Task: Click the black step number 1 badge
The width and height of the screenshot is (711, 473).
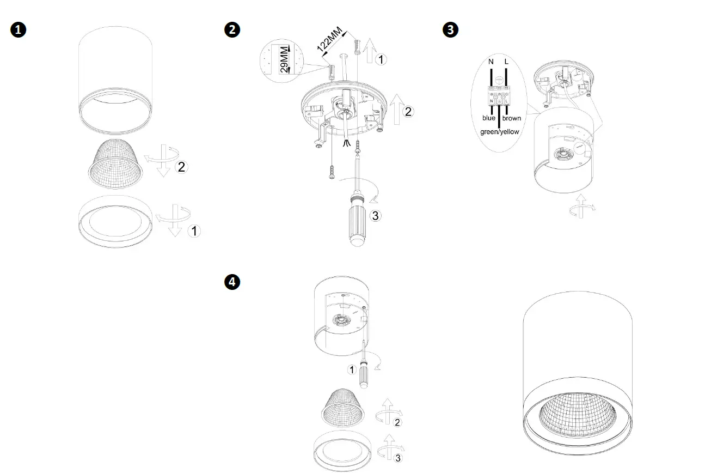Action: point(18,30)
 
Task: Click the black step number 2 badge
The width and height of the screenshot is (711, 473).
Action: point(232,30)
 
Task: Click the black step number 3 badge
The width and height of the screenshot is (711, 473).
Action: point(451,30)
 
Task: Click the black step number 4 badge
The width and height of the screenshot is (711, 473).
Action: point(232,282)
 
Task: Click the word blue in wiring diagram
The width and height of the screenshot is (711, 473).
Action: point(489,118)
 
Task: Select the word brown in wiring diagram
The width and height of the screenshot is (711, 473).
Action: point(511,118)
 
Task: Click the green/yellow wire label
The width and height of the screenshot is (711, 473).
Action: point(499,132)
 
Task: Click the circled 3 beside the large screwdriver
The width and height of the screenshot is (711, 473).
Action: point(375,215)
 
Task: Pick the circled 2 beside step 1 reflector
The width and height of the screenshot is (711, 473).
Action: point(181,167)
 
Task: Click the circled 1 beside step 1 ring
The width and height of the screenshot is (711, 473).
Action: point(194,231)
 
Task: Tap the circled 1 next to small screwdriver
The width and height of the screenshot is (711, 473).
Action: point(352,370)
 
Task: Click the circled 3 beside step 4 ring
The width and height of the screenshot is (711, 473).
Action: point(398,458)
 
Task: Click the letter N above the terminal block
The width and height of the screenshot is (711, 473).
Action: point(491,62)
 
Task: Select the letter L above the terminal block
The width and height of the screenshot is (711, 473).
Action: point(507,62)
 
